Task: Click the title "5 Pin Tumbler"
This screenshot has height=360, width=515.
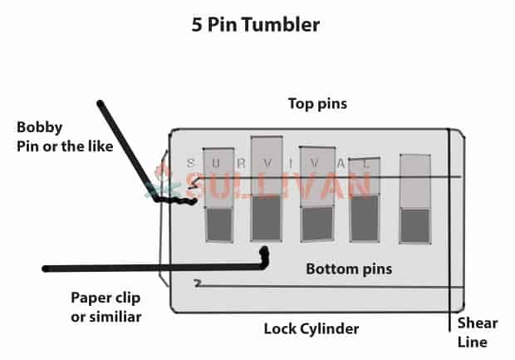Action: coord(255,24)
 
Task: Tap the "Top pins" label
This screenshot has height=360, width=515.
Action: coord(316,105)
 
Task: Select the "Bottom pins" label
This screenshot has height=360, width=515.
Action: coord(348,269)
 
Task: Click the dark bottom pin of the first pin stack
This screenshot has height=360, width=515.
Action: coord(218,224)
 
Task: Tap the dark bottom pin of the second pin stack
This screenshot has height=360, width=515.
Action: coord(266,219)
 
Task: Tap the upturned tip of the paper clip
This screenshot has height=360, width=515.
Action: coord(265,253)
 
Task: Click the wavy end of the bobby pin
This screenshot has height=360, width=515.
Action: coord(178,200)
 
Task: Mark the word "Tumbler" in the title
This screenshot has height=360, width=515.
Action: coord(279,24)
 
